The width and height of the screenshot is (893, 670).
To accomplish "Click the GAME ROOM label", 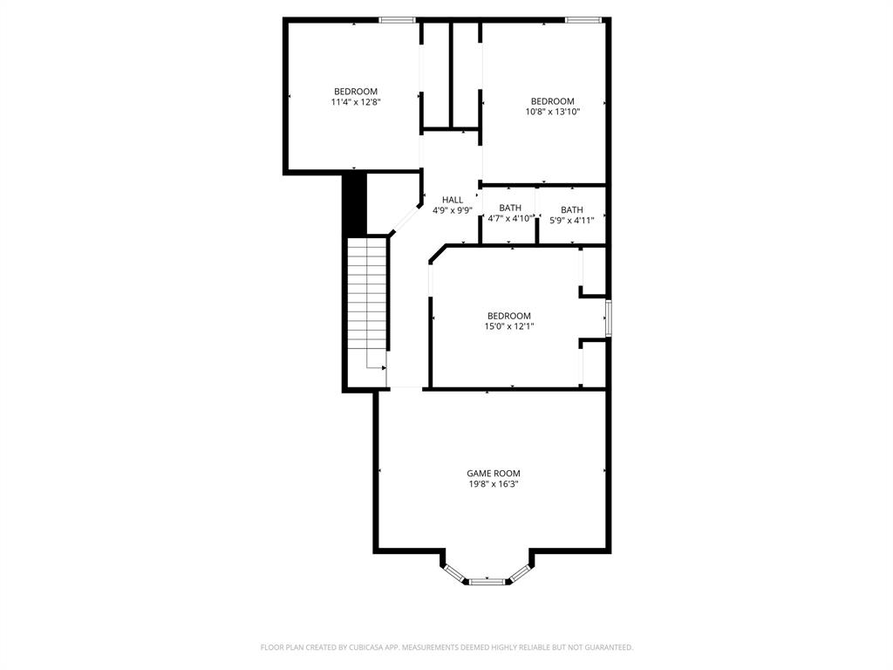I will point(493,474).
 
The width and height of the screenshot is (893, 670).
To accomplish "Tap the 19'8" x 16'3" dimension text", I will point(493,484).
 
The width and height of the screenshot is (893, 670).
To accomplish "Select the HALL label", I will point(453,200).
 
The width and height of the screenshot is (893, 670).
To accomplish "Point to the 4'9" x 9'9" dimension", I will point(453,210).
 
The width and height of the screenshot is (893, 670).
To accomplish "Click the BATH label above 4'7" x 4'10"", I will point(510,209).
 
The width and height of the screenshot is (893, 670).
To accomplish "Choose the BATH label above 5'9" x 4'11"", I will point(572,209).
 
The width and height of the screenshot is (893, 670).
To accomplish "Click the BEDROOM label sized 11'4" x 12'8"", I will point(356,92).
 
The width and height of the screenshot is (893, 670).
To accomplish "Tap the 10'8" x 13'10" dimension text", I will point(553,112).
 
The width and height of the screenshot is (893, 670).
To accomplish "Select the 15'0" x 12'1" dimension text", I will point(509,326).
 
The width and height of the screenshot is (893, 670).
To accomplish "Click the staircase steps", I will point(367,297).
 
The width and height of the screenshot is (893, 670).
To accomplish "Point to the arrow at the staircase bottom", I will point(382,368).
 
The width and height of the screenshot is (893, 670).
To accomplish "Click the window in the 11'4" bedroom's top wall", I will point(397,19).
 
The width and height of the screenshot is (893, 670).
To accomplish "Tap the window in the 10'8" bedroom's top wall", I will point(583,19).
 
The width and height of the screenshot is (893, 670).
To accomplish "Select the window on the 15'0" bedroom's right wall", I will point(609,318).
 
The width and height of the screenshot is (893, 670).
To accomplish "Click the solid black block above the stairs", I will point(354,203).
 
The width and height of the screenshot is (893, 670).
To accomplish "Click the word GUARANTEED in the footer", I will point(606,647).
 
